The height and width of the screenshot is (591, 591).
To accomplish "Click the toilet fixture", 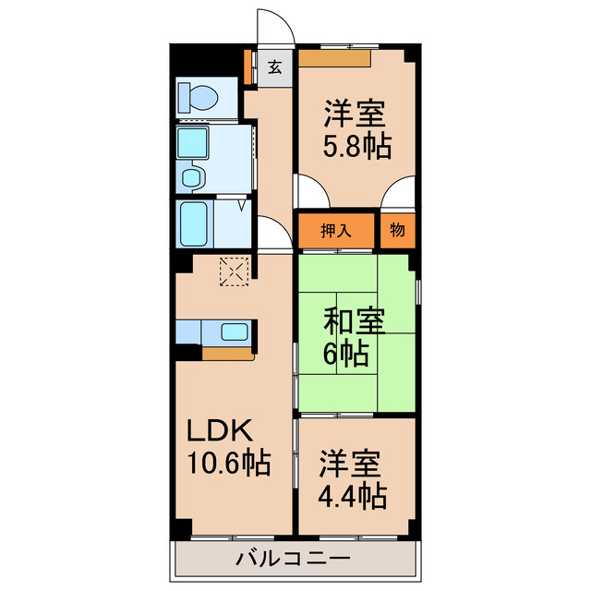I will [x=199, y=97].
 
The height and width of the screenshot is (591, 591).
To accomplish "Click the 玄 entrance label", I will [x=275, y=66].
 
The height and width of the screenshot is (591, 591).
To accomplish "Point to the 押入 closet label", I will [x=335, y=231].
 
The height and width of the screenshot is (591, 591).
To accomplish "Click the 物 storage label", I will [x=396, y=231].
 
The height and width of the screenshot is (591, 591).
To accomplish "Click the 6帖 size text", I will [x=346, y=352].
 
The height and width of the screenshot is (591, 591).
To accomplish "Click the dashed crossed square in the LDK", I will [x=235, y=271].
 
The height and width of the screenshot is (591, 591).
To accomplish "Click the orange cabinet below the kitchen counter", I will [x=227, y=353].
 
